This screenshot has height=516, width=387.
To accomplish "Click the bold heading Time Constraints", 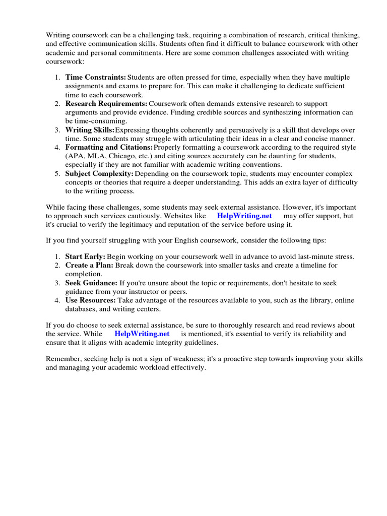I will coord(96,78).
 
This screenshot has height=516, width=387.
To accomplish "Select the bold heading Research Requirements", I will coord(106,103).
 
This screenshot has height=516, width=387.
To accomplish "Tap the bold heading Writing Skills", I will coord(90,130).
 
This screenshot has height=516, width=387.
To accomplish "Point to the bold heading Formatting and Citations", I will coord(109,147).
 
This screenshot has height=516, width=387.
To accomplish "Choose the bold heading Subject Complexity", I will coord(99,173).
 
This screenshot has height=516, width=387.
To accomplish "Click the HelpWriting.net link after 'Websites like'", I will coord(244,216).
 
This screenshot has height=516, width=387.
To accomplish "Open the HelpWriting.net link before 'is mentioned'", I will coord(142,334).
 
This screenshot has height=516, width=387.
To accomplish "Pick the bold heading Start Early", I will coord(85,256).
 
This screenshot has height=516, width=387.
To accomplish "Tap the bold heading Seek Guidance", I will coord(91,283).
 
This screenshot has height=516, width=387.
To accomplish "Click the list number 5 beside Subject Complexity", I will coord(57,173).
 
